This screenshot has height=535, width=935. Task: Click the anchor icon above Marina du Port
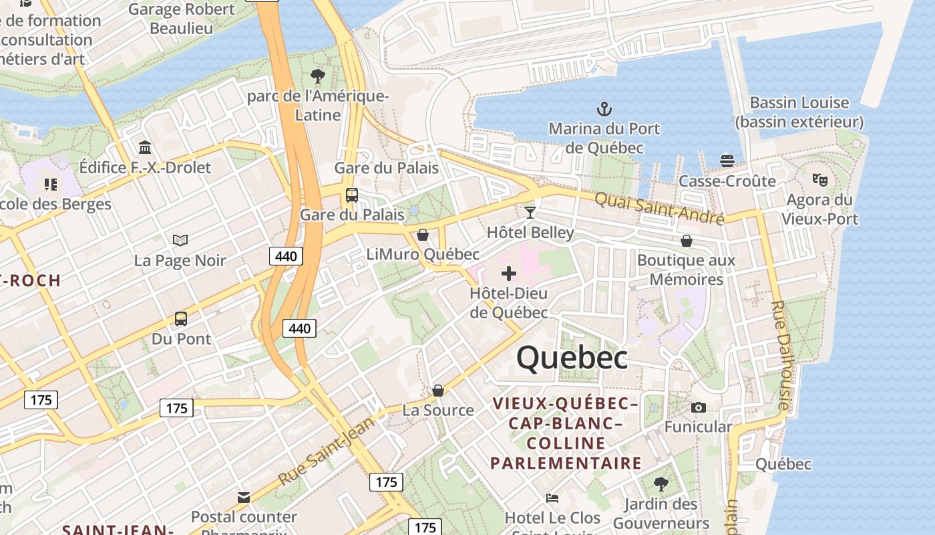604,108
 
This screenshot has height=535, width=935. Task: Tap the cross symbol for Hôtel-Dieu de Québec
509,274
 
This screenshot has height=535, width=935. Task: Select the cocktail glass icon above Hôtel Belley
530,213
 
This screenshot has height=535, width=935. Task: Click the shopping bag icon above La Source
438,391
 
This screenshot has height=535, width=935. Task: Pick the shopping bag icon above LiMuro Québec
422,235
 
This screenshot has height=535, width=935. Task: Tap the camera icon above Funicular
699,407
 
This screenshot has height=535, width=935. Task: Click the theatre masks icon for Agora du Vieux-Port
819,179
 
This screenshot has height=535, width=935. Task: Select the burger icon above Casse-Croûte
727,160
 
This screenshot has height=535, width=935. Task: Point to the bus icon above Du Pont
181,319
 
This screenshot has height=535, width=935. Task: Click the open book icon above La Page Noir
180,240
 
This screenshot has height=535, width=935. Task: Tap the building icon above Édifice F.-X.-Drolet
145,147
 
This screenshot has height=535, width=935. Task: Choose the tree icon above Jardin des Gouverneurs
661,484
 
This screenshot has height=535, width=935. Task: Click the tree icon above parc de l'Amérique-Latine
318,76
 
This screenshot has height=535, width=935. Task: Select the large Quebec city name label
572,358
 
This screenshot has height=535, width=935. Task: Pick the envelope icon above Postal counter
244,497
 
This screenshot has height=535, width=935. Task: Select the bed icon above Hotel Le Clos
552,498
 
